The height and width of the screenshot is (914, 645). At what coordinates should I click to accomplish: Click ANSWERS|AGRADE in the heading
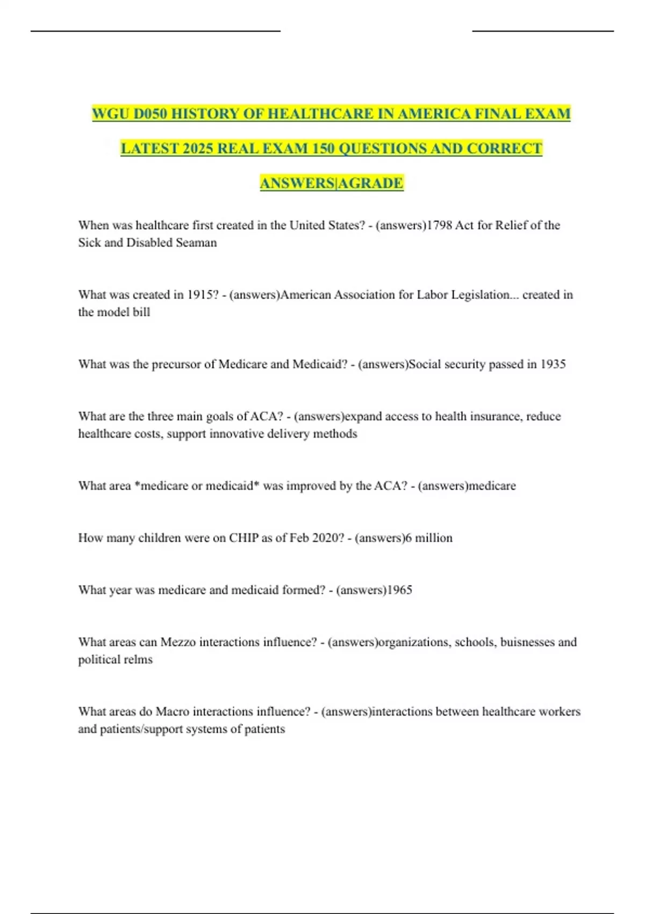[331, 183]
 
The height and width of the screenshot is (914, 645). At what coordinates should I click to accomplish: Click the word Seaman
[197, 242]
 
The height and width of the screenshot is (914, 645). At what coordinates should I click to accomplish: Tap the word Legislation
[481, 295]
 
